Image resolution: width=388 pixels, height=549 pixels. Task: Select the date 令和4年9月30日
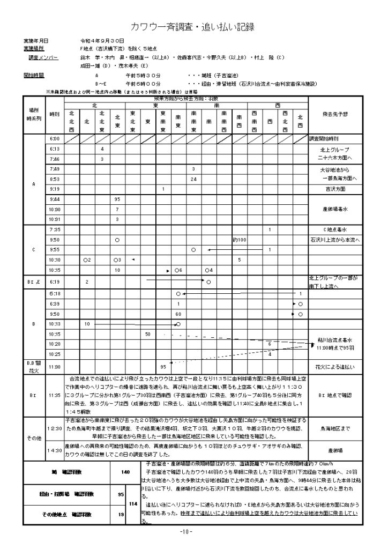pyautogui.click(x=102, y=41)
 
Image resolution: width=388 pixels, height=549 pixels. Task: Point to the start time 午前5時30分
pyautogui.click(x=143, y=76)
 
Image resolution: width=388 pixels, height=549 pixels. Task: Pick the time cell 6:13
pyautogui.click(x=54, y=149)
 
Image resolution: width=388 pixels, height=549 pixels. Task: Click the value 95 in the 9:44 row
pyautogui.click(x=117, y=199)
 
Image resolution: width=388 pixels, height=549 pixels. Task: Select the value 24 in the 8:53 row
pyautogui.click(x=193, y=179)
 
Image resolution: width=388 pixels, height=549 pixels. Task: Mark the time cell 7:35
pyautogui.click(x=54, y=229)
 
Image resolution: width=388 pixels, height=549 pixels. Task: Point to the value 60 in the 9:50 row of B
pyautogui.click(x=178, y=314)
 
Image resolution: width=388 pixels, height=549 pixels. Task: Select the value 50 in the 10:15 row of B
pyautogui.click(x=148, y=334)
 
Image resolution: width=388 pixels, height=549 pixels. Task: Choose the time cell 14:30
pyautogui.click(x=54, y=450)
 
